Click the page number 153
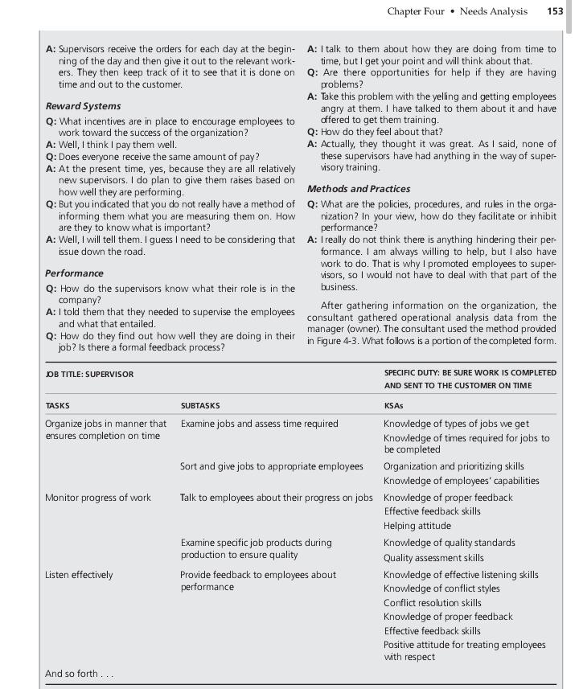point(554,11)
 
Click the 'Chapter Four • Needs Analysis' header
point(457,11)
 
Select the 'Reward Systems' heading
point(83,106)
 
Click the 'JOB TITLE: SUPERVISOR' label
point(89,374)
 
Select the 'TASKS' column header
point(58,406)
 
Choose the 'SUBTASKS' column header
point(200,406)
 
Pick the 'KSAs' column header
point(393,406)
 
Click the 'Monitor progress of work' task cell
point(97,498)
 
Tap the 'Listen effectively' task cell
point(79,575)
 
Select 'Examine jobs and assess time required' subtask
point(259,424)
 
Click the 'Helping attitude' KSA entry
point(421,526)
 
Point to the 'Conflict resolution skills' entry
point(433,603)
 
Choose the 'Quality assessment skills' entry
point(433,558)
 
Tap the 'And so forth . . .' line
point(79,674)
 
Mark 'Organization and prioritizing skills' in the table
point(454,466)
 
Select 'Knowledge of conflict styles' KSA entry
point(441,589)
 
